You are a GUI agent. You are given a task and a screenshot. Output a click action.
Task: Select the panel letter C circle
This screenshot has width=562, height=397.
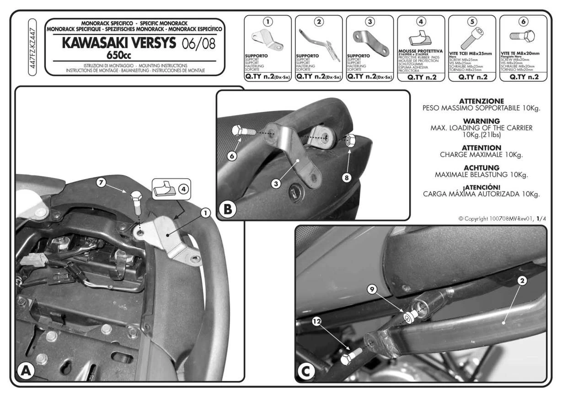click(306, 371)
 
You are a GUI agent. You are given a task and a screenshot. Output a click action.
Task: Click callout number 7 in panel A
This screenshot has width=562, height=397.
click(102, 182)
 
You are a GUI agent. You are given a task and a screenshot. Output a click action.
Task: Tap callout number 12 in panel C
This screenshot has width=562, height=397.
click(316, 322)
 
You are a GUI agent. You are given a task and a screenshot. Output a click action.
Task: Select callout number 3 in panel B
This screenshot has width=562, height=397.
click(276, 184)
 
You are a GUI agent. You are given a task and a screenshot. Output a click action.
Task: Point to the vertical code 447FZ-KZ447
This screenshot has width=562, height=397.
click(32, 46)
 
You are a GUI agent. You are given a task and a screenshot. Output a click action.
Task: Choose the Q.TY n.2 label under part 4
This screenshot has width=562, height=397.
click(421, 77)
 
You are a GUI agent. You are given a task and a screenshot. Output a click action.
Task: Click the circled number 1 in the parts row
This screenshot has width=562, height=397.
click(268, 21)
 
